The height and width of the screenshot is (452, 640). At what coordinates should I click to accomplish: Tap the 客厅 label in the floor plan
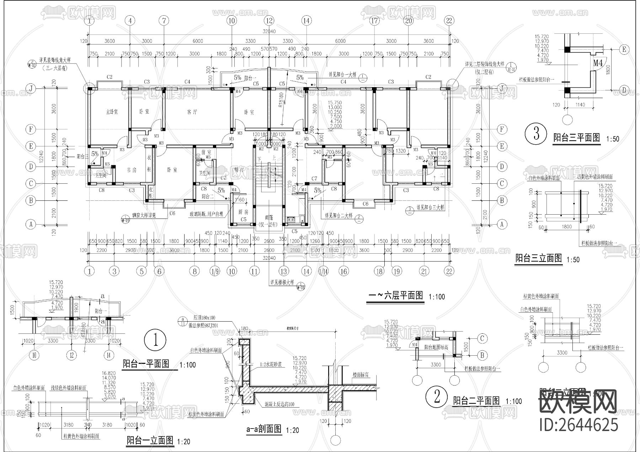click(192, 112)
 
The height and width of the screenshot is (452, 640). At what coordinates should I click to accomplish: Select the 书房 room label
click(132, 170)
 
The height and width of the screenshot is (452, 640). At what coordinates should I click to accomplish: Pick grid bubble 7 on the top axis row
click(164, 21)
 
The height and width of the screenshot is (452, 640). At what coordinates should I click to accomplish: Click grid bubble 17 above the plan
click(374, 21)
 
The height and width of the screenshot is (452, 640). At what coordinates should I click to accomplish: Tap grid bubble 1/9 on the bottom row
click(215, 271)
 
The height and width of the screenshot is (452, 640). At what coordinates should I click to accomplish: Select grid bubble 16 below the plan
click(343, 271)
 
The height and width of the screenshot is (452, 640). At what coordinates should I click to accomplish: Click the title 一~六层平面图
click(395, 296)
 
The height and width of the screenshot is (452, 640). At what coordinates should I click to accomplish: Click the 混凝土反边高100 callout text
click(279, 405)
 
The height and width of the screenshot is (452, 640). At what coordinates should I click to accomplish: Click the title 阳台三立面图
click(539, 258)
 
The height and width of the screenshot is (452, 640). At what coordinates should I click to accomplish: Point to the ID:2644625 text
click(578, 425)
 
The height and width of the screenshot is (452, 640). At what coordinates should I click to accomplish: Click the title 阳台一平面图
click(146, 364)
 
